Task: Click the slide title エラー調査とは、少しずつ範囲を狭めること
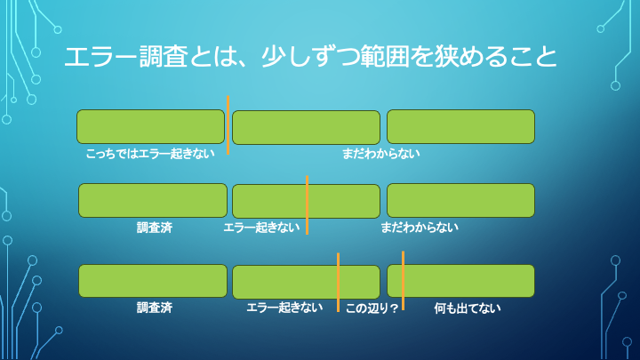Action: tap(311, 58)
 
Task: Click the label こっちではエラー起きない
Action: tap(150, 154)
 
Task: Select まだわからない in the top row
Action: tap(381, 154)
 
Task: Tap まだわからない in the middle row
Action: tap(420, 228)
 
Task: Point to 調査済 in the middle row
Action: tap(155, 228)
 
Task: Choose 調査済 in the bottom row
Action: tap(155, 308)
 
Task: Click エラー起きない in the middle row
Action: tap(261, 228)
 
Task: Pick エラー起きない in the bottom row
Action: tap(284, 308)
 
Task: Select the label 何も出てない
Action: tap(468, 308)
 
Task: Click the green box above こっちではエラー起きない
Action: tap(150, 126)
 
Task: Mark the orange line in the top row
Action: tap(228, 124)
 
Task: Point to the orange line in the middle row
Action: tap(307, 204)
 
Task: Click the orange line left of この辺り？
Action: tap(338, 282)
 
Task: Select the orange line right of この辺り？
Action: tap(403, 281)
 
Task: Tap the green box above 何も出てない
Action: tap(460, 281)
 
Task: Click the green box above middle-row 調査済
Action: tap(153, 201)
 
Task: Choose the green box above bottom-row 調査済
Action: tap(153, 281)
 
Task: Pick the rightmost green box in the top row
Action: tap(460, 126)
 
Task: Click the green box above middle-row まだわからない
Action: tap(460, 201)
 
